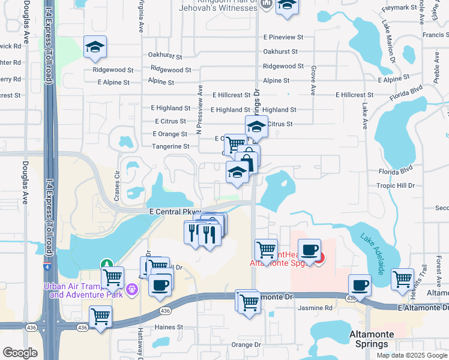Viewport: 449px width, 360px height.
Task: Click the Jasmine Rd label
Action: pos(315,308)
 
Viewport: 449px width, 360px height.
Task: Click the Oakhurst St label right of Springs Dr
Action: pos(280,52)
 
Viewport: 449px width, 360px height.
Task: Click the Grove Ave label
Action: pos(313,80)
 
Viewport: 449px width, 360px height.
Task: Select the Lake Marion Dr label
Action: pos(388,42)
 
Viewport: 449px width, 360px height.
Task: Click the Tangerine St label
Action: pos(170,146)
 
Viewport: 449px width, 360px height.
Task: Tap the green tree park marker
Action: pos(106,264)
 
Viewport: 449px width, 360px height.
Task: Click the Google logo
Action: pos(20,353)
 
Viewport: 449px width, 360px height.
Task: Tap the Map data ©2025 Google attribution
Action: pos(412,355)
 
